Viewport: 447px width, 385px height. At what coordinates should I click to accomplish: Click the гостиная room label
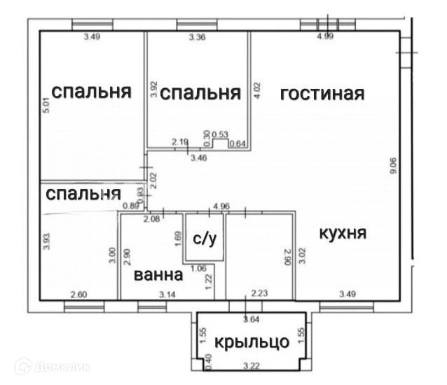coord(322,94)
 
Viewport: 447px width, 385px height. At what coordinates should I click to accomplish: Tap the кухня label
coord(343,233)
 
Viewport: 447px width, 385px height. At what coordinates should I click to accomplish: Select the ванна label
coord(159,275)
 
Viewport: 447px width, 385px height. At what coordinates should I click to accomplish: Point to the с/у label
coord(204,239)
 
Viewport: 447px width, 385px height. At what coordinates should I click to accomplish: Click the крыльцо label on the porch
coord(252,342)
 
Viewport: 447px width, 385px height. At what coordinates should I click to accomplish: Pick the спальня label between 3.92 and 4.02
coord(200,93)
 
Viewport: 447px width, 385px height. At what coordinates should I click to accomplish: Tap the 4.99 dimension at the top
coord(324,36)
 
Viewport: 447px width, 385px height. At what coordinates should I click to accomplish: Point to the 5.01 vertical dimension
coord(46,106)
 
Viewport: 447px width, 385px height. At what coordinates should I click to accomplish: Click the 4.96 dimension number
coord(221,206)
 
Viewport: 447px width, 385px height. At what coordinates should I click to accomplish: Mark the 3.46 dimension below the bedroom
coord(199,159)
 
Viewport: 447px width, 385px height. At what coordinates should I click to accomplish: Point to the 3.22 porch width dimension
coord(250,365)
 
